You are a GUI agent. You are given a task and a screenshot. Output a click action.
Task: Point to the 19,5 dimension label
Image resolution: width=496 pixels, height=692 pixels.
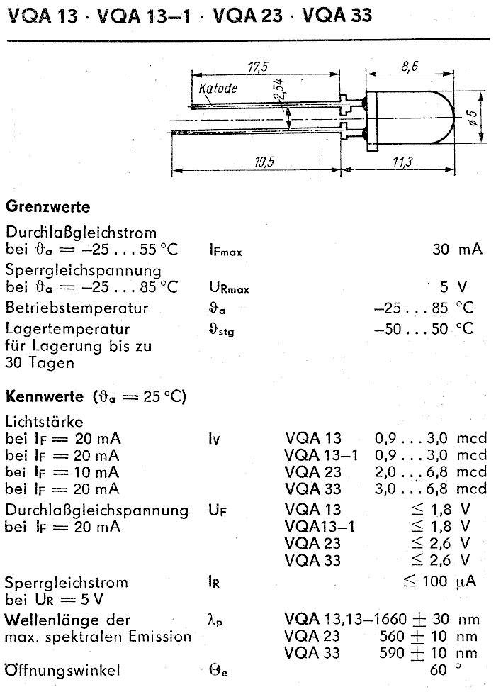coord(265,162)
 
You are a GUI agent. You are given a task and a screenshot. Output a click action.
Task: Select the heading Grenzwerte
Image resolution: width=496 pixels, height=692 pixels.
coord(48,207)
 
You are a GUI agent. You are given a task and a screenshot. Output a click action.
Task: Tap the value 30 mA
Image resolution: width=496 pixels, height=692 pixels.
coord(457,249)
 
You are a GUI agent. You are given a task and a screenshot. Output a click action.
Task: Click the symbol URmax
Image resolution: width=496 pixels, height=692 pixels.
coord(229,288)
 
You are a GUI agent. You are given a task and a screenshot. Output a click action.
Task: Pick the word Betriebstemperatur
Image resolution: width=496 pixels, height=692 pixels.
coord(77,308)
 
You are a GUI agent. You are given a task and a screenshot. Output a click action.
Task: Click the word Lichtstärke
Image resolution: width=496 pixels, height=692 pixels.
coord(44,421)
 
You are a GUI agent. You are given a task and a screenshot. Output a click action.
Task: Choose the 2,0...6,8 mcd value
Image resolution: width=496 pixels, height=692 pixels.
coord(431,472)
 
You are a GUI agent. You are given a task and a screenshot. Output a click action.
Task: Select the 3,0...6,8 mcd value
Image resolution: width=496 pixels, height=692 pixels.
coord(431,489)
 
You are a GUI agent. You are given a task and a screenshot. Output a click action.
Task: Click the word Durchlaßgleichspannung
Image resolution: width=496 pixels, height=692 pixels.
coord(96,509)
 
